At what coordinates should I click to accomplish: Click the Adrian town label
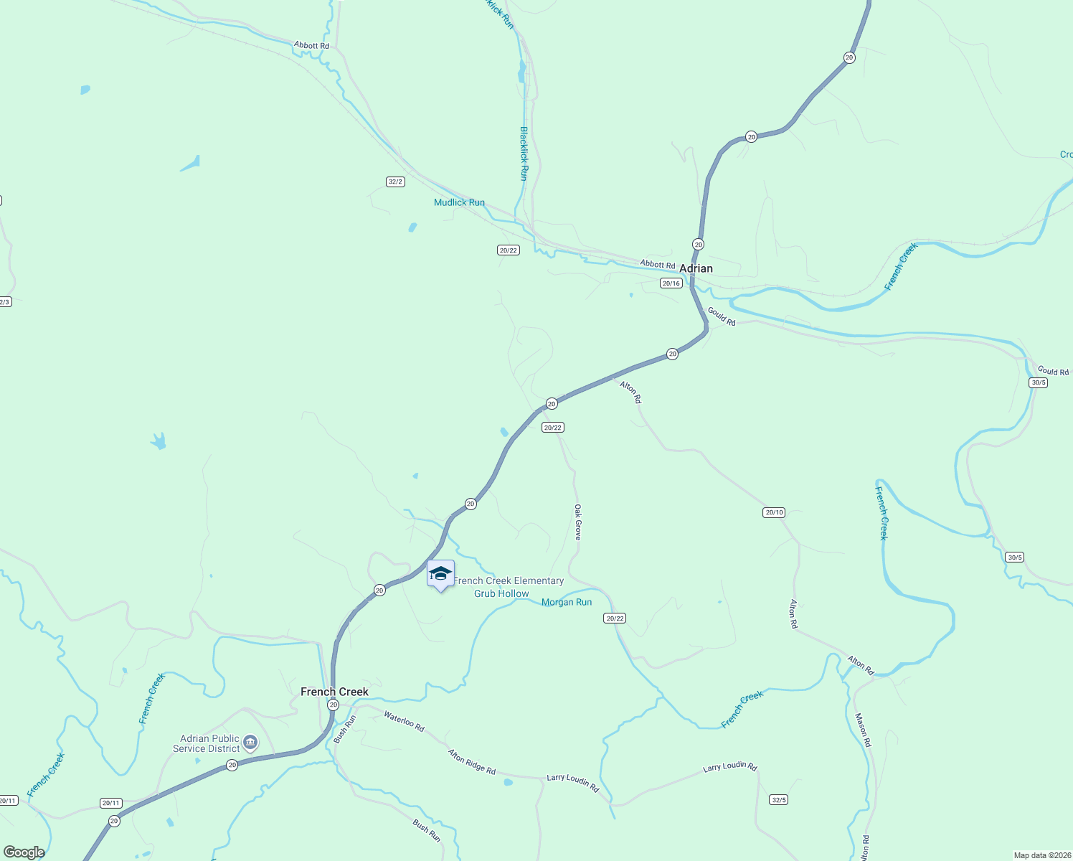(x=696, y=268)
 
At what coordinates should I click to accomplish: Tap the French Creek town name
(x=334, y=692)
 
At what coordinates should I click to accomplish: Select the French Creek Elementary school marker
(x=440, y=574)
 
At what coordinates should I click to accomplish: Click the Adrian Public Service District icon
(x=250, y=742)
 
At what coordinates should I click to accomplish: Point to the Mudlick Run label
(x=459, y=202)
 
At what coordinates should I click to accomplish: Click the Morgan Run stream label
(x=567, y=602)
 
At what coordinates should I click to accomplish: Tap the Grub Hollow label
(x=501, y=593)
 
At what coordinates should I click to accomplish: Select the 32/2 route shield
(x=395, y=182)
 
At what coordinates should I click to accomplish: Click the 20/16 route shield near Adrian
(x=671, y=283)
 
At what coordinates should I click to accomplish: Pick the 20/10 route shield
(x=774, y=512)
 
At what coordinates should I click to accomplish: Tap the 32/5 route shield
(x=778, y=799)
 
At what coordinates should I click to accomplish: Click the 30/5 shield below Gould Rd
(x=1038, y=382)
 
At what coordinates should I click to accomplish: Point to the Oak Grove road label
(x=577, y=522)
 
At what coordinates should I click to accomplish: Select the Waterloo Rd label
(x=404, y=721)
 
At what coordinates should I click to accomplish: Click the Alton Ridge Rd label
(x=471, y=761)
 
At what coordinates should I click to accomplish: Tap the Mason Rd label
(x=862, y=730)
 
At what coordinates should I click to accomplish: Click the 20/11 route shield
(x=110, y=803)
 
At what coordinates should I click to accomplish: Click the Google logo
(x=24, y=852)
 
